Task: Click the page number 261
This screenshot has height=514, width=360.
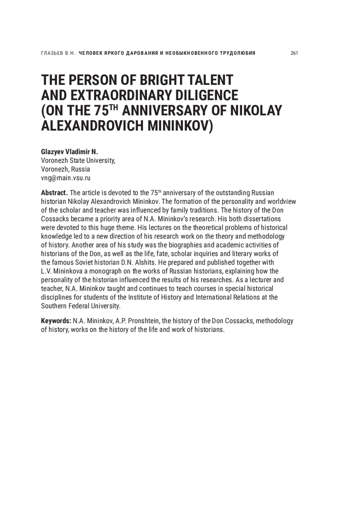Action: click(x=294, y=53)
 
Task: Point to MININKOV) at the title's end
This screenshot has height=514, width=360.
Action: click(x=180, y=126)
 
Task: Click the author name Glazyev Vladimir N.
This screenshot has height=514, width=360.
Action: click(x=70, y=152)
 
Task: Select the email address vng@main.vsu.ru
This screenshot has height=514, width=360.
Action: click(x=66, y=178)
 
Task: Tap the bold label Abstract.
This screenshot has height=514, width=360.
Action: click(x=54, y=193)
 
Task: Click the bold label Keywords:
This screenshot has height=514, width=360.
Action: click(x=56, y=321)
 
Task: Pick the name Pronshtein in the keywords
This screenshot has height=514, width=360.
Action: click(x=144, y=321)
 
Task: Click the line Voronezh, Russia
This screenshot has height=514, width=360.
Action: click(x=65, y=169)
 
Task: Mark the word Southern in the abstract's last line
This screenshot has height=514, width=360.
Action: click(x=53, y=306)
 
